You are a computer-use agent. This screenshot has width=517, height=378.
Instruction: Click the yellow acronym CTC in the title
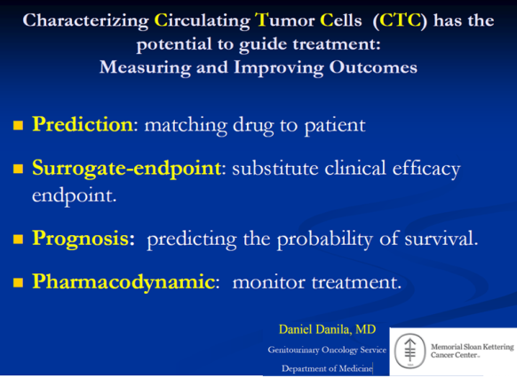coord(401,20)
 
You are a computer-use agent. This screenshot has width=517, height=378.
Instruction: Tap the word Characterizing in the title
coord(86,21)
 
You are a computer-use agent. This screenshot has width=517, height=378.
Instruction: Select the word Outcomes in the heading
coord(373,67)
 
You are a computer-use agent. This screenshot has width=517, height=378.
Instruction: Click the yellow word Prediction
coord(83,124)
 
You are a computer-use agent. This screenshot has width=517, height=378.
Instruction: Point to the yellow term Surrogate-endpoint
coord(127,169)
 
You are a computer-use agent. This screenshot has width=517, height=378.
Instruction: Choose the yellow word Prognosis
coord(81,239)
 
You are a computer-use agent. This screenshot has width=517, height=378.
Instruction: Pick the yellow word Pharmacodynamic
coord(123,282)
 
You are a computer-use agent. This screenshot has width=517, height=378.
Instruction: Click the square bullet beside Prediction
coord(18,125)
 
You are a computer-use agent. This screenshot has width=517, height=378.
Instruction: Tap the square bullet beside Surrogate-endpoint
coord(18,169)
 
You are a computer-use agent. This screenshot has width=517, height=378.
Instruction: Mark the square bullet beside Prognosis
coord(18,239)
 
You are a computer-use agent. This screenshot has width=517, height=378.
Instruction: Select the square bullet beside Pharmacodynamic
coord(18,282)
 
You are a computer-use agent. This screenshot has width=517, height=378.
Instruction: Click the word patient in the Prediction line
coord(335,126)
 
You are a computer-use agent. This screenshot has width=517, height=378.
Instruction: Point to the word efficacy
coord(426,169)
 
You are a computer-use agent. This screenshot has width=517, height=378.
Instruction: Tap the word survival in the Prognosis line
coord(441,239)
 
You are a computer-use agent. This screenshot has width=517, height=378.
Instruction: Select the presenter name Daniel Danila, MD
coord(327,329)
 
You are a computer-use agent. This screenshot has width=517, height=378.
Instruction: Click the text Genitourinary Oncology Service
coord(327,350)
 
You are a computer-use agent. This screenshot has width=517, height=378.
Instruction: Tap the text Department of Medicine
coord(327,368)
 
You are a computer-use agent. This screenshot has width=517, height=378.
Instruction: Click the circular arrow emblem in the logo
coord(410,351)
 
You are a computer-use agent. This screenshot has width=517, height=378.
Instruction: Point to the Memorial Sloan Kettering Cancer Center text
coord(472,351)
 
